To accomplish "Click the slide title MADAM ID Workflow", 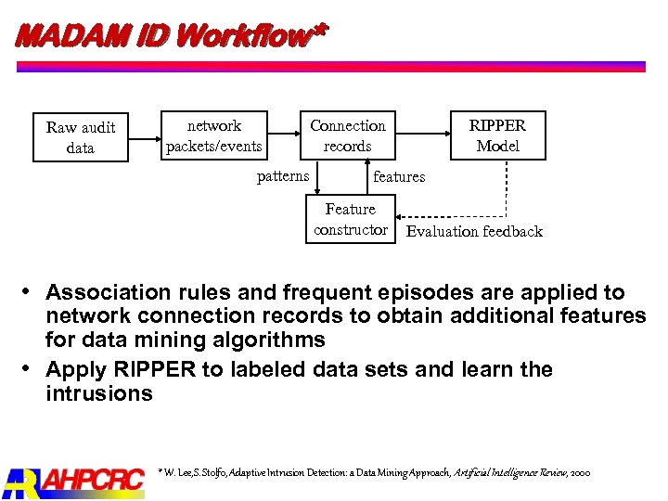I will (x=172, y=36).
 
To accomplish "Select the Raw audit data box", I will (x=81, y=137).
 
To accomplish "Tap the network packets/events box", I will (x=213, y=135).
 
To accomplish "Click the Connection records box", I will (x=347, y=135).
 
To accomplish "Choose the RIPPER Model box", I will (x=497, y=135).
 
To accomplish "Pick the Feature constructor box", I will (x=351, y=220).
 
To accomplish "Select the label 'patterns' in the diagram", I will (x=283, y=176).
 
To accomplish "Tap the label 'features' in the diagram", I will (x=399, y=176).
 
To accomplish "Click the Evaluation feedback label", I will (x=474, y=232).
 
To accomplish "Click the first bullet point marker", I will (x=31, y=292).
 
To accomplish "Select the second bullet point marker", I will (x=31, y=369).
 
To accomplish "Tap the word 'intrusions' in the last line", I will (x=98, y=393).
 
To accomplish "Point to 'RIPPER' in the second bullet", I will (x=150, y=370).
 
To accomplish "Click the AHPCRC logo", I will (x=74, y=481).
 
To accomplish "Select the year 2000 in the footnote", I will (x=580, y=472).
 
